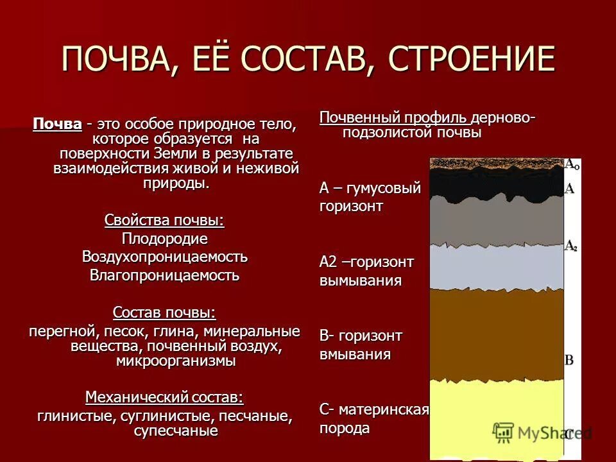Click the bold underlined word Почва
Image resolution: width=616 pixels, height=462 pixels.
[58, 123]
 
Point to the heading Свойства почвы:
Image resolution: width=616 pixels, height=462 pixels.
[164, 220]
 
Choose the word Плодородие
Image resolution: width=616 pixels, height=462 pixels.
[164, 239]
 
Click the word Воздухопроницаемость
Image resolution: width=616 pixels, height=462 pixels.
[164, 257]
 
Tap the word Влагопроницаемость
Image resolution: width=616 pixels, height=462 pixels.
[164, 275]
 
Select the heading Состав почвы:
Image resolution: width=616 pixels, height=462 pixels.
[164, 312]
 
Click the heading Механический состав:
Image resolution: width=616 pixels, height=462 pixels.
[164, 397]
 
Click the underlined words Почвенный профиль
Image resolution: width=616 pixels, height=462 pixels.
[394, 118]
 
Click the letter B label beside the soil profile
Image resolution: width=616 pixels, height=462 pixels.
[569, 359]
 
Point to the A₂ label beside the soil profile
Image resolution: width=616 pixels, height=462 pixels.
[570, 246]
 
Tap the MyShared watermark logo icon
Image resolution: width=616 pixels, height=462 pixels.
[504, 432]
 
